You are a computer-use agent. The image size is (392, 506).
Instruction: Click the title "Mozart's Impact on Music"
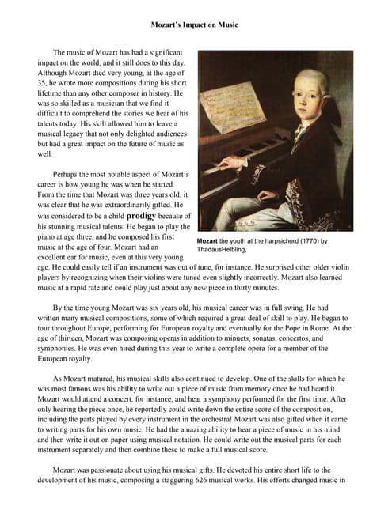pyautogui.click(x=195, y=25)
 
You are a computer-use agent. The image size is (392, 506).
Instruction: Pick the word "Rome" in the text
pyautogui.click(x=343, y=327)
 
